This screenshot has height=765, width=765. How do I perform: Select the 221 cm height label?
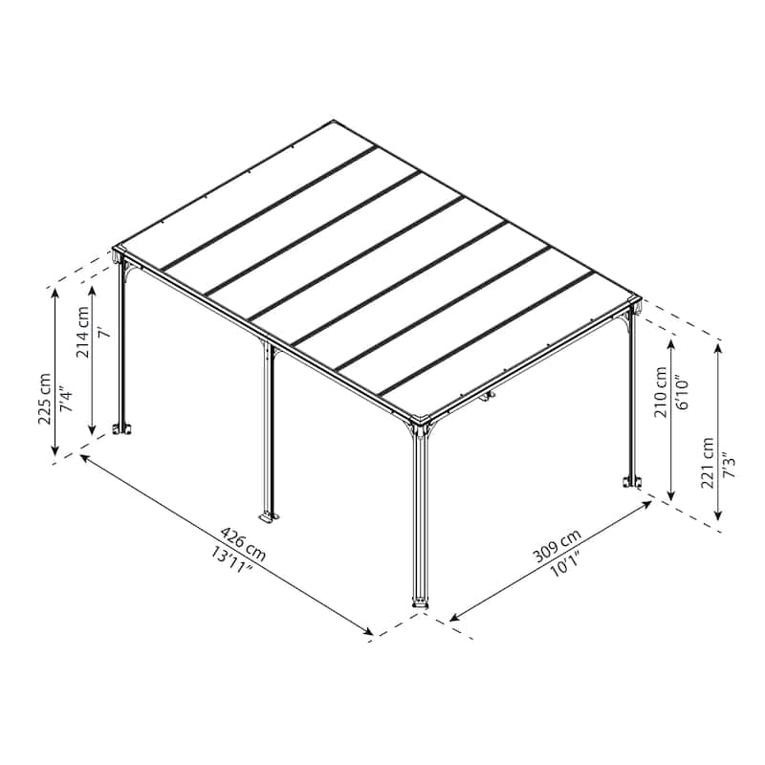(x=709, y=463)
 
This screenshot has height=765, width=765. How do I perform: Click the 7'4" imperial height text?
(x=63, y=398)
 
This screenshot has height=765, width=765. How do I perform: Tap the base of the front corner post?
(x=421, y=603)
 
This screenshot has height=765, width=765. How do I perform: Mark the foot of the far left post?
(x=122, y=429)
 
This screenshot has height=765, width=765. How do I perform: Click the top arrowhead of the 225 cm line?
(x=56, y=291)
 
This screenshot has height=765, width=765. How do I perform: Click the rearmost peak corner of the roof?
(x=335, y=120)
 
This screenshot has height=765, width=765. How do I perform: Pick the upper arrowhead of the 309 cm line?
(x=648, y=503)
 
